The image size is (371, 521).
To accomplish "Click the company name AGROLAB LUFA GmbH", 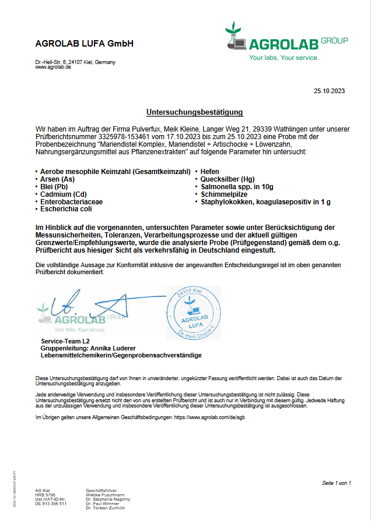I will point(85,43).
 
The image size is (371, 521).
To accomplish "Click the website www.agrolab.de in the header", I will point(53,67).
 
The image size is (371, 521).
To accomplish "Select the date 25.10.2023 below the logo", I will point(330,90).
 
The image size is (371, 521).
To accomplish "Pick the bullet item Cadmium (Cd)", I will point(64,194).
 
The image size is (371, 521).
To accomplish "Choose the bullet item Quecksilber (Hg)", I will point(228,179).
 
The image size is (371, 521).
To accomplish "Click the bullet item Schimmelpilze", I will point(224,194).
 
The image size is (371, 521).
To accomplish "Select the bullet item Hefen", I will point(210,172).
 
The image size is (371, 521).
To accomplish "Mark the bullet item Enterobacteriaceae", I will point(72,201).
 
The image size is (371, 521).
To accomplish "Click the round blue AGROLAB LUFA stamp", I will point(194,313).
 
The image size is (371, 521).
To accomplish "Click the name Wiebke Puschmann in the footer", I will point(105,495).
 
